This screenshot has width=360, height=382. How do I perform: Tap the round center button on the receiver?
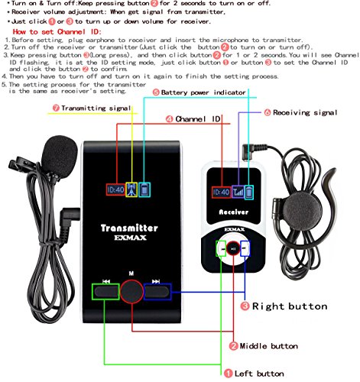click(x=231, y=248)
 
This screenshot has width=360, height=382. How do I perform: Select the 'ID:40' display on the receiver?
click(x=220, y=192)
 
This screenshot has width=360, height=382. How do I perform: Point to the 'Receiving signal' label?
click(x=305, y=112)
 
